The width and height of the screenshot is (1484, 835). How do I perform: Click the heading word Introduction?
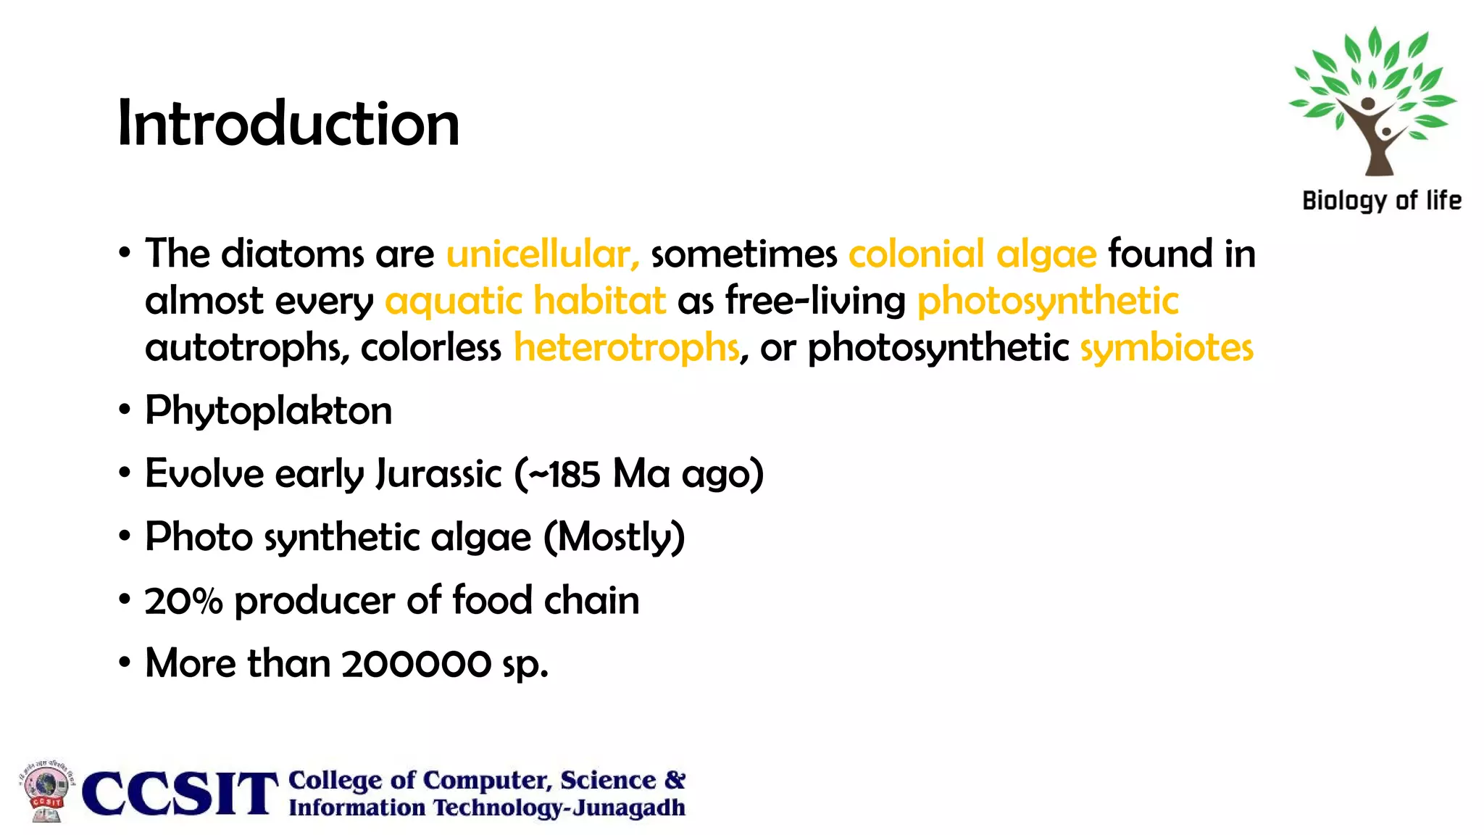[288, 123]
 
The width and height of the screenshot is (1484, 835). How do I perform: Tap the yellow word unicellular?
[543, 254]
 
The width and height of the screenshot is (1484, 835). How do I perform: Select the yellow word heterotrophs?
[627, 347]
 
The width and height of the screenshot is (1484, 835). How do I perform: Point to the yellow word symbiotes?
[1167, 347]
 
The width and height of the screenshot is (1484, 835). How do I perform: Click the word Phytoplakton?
[268, 411]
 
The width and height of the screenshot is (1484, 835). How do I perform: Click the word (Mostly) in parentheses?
[614, 538]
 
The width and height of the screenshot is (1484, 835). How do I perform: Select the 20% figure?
[183, 601]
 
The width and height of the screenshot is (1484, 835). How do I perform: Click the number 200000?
[416, 664]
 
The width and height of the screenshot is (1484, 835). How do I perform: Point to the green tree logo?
[1372, 101]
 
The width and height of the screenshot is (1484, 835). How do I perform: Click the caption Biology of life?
[1381, 201]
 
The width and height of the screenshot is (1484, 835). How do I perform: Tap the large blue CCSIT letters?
[180, 794]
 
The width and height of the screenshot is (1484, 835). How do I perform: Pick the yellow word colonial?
[916, 254]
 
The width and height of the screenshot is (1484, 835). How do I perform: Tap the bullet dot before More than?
[125, 663]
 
